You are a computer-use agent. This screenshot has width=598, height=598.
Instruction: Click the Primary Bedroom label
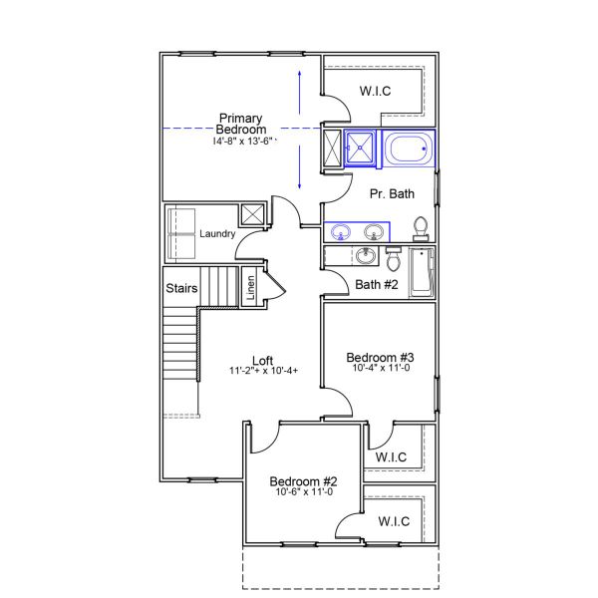(242, 125)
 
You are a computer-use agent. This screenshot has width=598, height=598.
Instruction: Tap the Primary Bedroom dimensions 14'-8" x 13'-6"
(242, 142)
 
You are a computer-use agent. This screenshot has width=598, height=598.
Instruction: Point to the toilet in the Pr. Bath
(421, 228)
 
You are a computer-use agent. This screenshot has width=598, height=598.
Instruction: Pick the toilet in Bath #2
(392, 260)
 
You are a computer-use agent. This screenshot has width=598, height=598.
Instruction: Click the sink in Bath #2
(366, 256)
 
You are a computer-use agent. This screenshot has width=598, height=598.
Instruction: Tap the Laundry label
(217, 234)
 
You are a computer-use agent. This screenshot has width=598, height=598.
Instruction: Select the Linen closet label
(251, 288)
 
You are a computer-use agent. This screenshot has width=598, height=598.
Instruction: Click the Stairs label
(181, 289)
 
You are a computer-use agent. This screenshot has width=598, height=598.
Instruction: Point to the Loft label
(263, 361)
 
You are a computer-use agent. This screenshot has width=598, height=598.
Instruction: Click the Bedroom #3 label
(380, 358)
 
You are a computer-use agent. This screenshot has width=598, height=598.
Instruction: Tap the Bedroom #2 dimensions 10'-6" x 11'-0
(304, 491)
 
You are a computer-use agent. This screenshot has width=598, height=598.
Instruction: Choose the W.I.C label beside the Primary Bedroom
(375, 92)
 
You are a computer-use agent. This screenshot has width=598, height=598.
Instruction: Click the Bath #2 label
(377, 285)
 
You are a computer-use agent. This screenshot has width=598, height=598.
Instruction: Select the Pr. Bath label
(392, 193)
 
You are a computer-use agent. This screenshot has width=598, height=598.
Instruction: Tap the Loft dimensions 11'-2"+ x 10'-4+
(263, 372)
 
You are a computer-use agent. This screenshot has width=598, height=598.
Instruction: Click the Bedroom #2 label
(303, 479)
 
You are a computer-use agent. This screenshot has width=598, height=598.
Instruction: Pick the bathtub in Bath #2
(423, 272)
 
